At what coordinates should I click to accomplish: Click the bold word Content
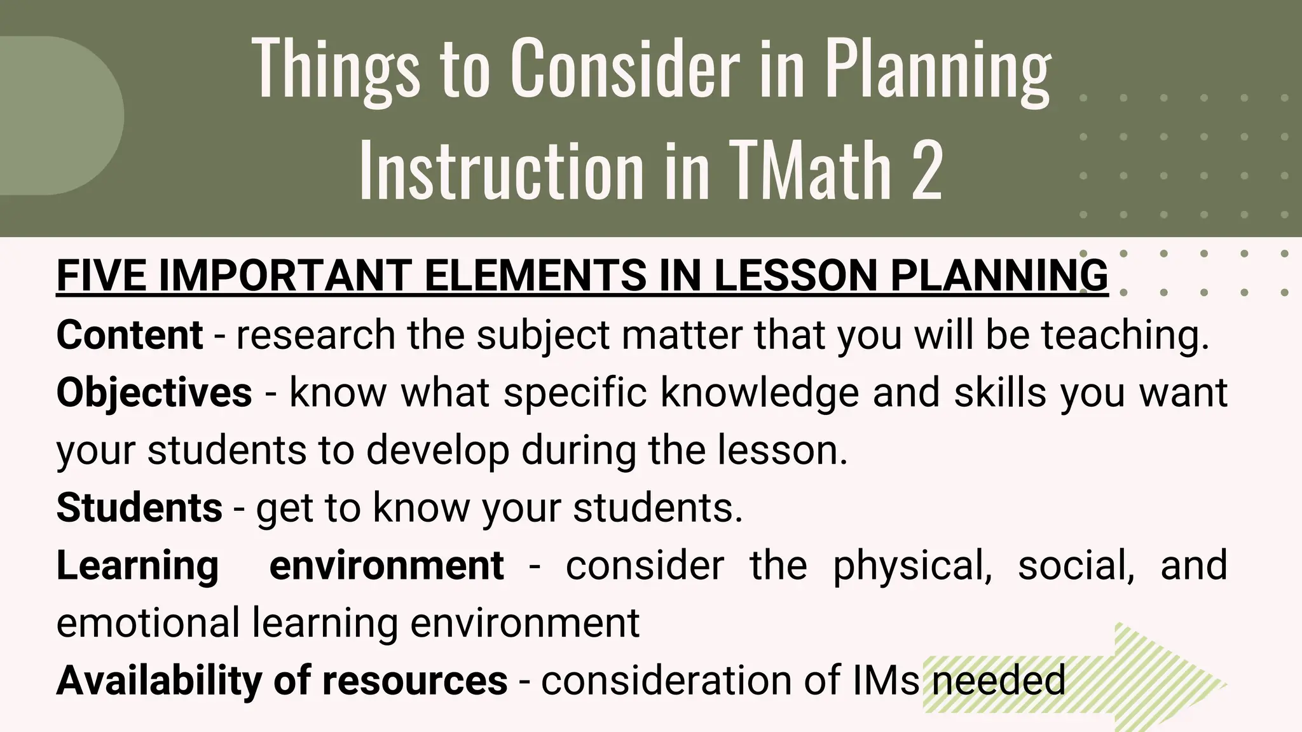tap(130, 335)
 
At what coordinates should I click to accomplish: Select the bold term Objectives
tap(154, 392)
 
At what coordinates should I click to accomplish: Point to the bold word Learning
tap(137, 565)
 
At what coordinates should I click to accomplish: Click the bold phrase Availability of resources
tap(282, 680)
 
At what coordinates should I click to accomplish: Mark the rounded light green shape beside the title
tap(60, 116)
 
